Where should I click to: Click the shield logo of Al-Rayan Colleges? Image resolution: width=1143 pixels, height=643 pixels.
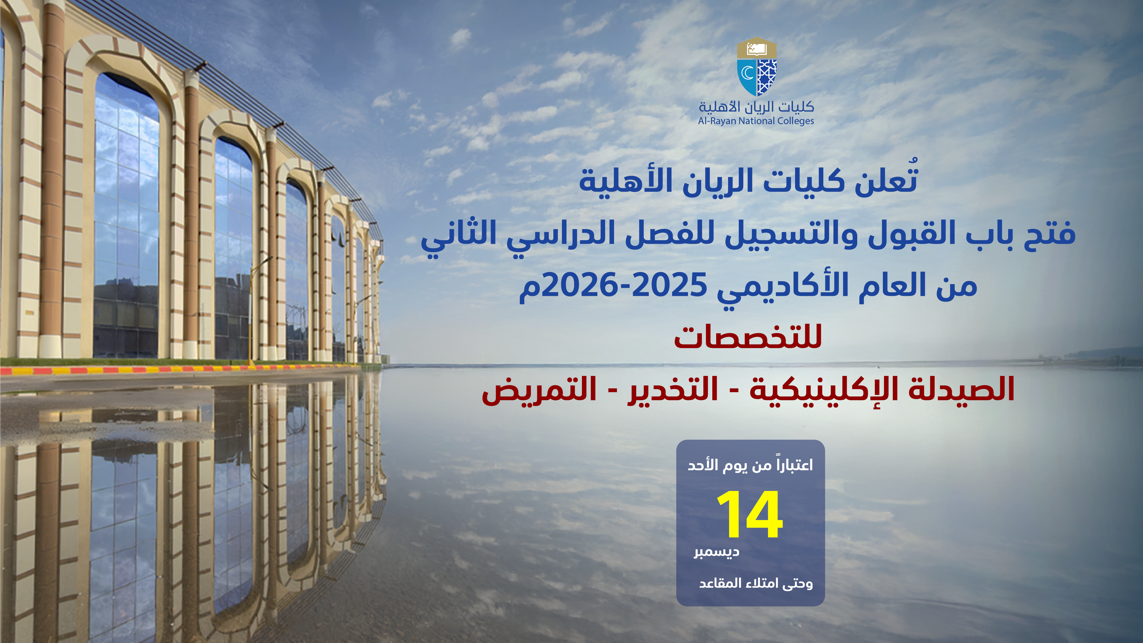point(757,67)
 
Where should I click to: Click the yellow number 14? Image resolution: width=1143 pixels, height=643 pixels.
point(750,515)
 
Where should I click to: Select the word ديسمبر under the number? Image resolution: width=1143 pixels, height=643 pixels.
point(716,552)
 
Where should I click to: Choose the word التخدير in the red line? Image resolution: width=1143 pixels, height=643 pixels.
point(673,390)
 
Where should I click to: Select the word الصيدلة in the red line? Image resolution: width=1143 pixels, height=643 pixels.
point(961,389)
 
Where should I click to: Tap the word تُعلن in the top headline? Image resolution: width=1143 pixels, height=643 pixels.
point(886,179)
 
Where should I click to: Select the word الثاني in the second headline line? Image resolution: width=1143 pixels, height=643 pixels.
point(459,235)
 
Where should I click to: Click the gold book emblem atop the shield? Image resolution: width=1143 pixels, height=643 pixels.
point(757,48)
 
